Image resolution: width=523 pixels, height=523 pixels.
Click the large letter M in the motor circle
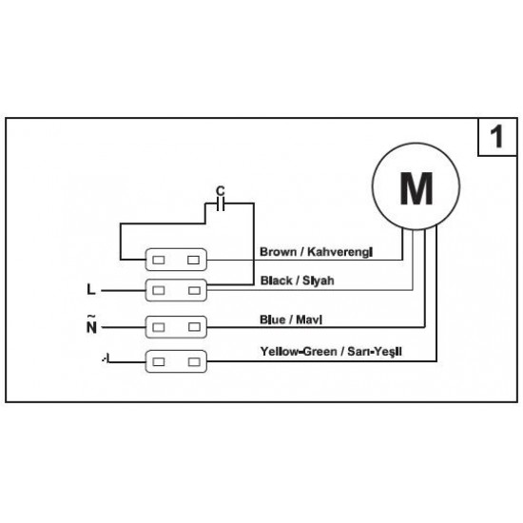pyautogui.click(x=416, y=188)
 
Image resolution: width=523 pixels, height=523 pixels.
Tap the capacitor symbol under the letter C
pyautogui.click(x=221, y=203)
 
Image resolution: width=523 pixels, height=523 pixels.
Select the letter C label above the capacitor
pyautogui.click(x=221, y=191)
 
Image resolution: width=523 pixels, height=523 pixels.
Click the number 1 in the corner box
pyautogui.click(x=496, y=136)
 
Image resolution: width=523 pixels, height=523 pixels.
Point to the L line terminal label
pyautogui.click(x=91, y=289)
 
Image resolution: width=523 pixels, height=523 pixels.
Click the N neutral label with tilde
pyautogui.click(x=91, y=324)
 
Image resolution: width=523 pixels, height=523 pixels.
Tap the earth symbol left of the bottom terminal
pyautogui.click(x=106, y=358)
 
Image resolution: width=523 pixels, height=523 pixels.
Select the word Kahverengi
pyautogui.click(x=339, y=252)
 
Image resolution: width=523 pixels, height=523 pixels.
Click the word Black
pyautogui.click(x=277, y=281)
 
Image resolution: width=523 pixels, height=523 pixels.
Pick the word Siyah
pyautogui.click(x=319, y=281)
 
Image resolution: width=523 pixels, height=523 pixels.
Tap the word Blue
pyautogui.click(x=273, y=320)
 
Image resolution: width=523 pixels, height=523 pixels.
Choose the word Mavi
pyautogui.click(x=309, y=320)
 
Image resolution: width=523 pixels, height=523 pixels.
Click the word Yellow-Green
pyautogui.click(x=299, y=352)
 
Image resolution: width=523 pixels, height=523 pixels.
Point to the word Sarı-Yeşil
pyautogui.click(x=375, y=352)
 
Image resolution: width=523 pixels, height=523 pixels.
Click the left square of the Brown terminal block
pyautogui.click(x=159, y=260)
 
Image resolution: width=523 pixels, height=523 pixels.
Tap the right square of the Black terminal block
pyautogui.click(x=194, y=291)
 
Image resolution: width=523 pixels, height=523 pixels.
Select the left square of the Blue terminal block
pyautogui.click(x=159, y=327)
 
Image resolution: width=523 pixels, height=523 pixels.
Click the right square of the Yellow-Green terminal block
pyautogui.click(x=194, y=361)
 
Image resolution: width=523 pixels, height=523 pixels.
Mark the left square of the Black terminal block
pyautogui.click(x=159, y=291)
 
